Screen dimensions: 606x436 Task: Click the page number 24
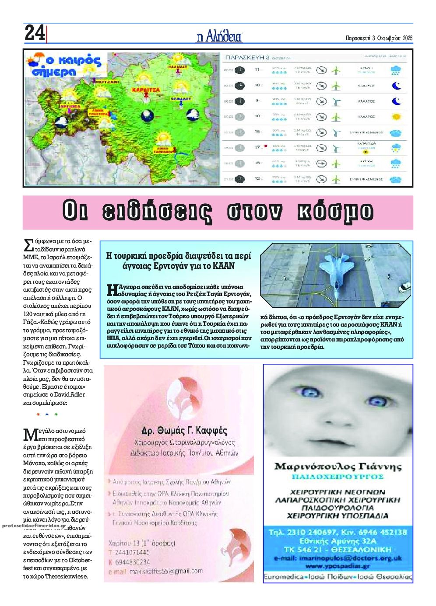[35, 33]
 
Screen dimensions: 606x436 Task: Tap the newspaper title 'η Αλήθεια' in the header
[219, 37]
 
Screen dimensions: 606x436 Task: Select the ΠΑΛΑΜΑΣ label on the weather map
[178, 67]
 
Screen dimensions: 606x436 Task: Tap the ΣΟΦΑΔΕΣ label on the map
[181, 99]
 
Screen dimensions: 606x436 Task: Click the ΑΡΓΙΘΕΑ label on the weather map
[70, 106]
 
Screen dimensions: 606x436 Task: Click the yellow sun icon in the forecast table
[396, 117]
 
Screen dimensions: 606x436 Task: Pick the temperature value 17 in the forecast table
[257, 147]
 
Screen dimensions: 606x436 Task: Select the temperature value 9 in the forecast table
[257, 101]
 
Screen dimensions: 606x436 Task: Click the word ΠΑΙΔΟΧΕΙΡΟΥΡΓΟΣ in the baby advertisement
[338, 477]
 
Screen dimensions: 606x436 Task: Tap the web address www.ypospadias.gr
[338, 566]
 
